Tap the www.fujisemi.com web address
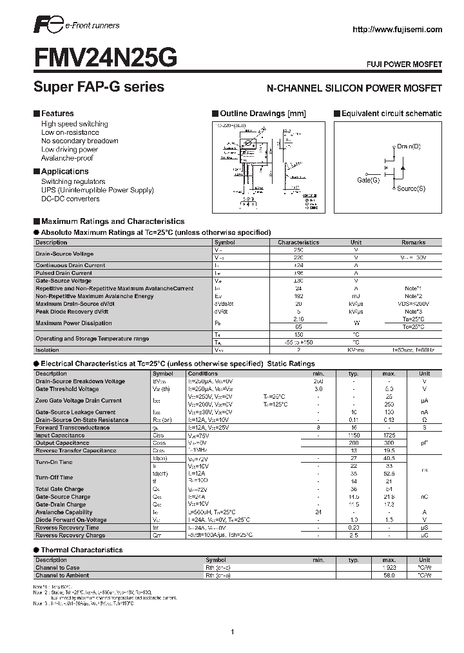(x=397, y=29)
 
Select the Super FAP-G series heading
(x=99, y=87)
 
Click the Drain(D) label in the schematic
(x=409, y=146)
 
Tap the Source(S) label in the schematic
(x=411, y=188)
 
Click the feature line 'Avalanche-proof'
(x=67, y=158)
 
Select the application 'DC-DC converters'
(x=70, y=199)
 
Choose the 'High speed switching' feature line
(x=74, y=124)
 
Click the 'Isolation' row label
(x=47, y=350)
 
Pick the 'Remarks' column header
(x=413, y=243)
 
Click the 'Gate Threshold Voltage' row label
(x=67, y=389)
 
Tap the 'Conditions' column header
(x=203, y=374)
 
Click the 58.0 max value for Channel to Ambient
(x=389, y=575)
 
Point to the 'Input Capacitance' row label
(x=60, y=436)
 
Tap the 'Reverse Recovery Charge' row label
(x=70, y=535)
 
